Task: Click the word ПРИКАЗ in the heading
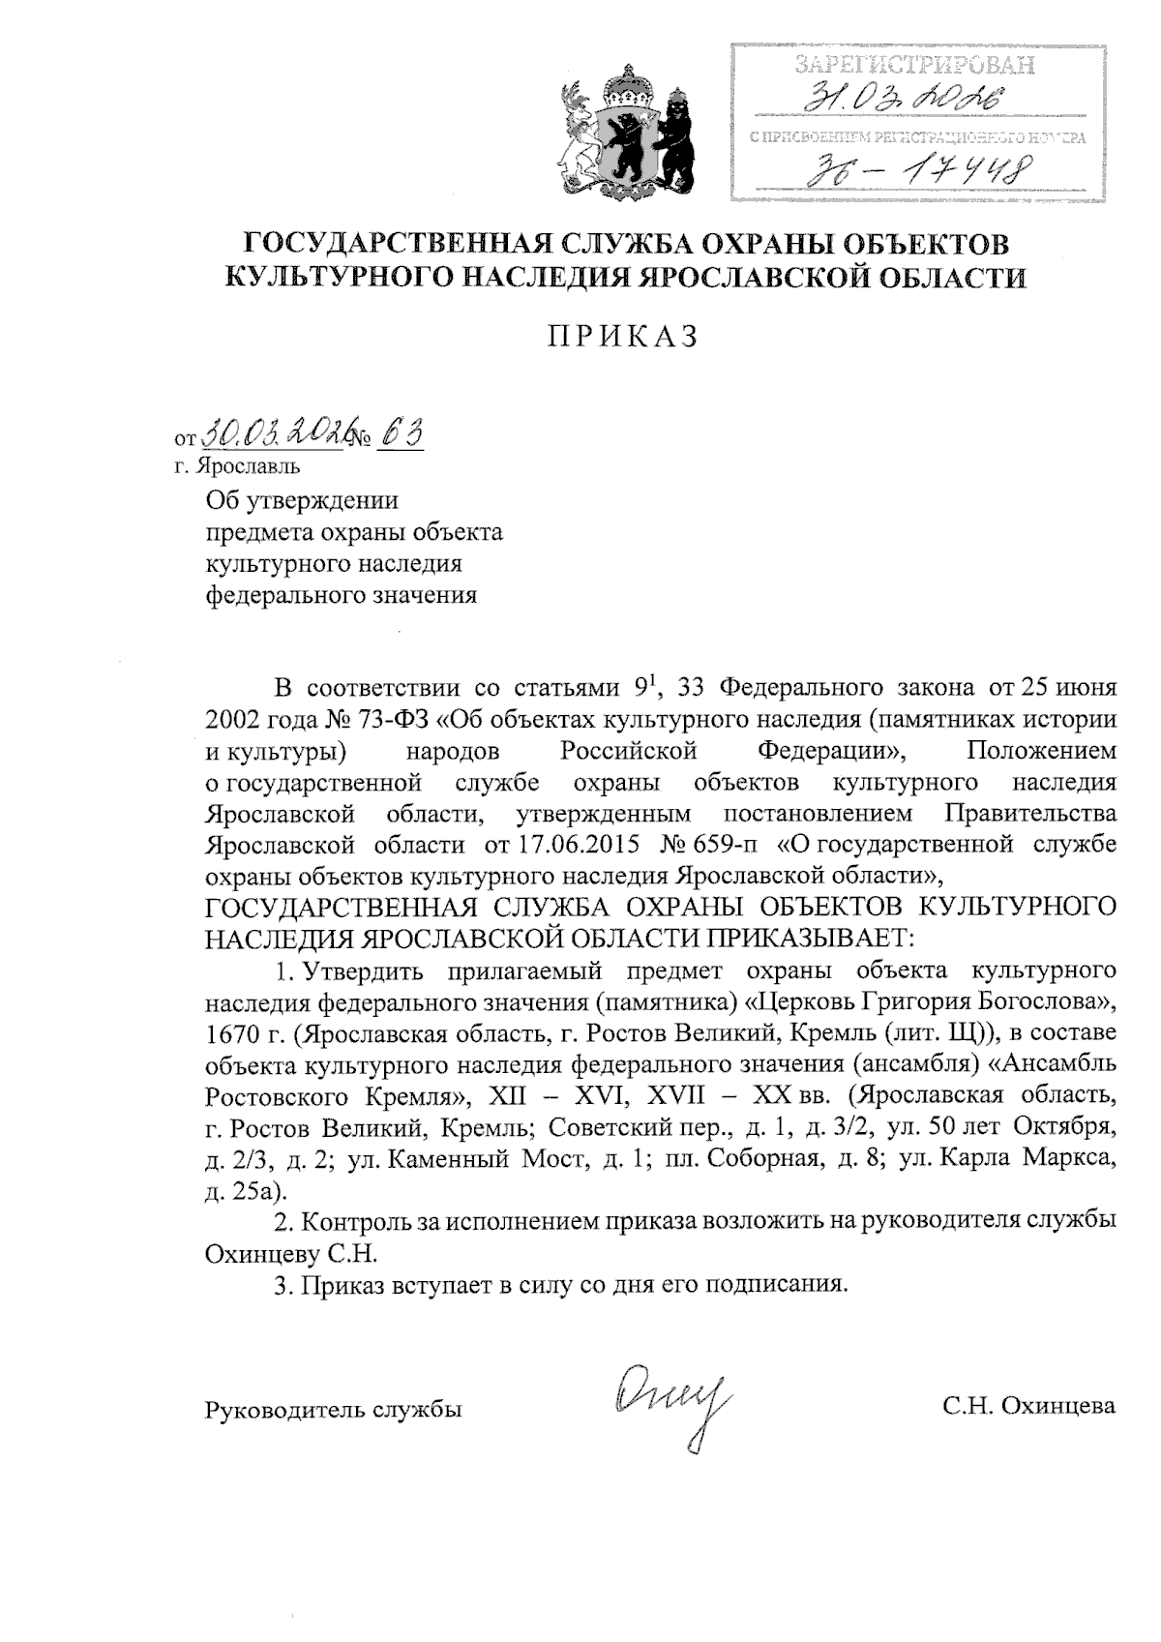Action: (x=623, y=336)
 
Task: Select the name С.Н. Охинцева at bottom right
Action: (x=1029, y=1407)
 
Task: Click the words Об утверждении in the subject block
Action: (x=303, y=501)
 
